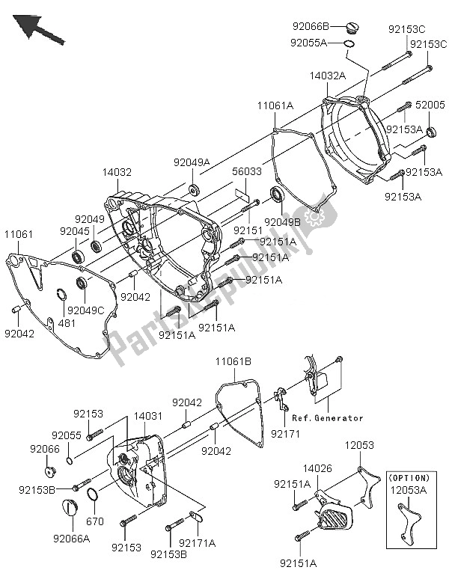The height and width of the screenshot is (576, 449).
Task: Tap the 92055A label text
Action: (x=309, y=43)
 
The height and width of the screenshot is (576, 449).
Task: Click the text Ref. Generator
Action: (x=328, y=417)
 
